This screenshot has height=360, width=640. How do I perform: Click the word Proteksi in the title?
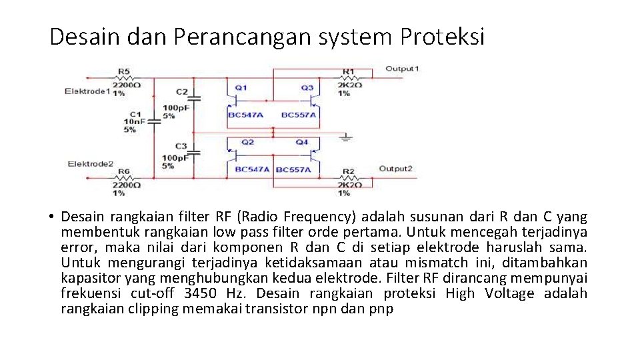tap(442, 37)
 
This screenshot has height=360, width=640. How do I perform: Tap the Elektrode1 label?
tap(87, 91)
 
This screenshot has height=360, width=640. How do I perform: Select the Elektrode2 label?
tap(91, 164)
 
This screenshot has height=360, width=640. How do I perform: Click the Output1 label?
tap(403, 69)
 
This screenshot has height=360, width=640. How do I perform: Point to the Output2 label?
tap(396, 169)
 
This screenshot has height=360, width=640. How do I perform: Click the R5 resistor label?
tap(124, 71)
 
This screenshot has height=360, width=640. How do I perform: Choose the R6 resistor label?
tap(124, 171)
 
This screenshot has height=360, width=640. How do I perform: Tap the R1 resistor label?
tap(348, 71)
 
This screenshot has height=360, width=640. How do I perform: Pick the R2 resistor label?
tap(348, 171)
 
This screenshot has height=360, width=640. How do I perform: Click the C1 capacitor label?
tap(135, 114)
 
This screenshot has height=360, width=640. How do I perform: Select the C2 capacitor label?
tap(181, 91)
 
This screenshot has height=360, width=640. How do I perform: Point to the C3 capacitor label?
tap(181, 146)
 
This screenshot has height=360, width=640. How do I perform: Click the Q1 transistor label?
tap(241, 87)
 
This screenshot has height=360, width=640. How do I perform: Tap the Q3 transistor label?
tap(307, 87)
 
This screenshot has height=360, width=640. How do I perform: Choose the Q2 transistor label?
tap(247, 142)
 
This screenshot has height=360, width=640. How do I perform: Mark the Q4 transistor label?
tap(302, 142)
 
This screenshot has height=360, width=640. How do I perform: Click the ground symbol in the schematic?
tap(345, 137)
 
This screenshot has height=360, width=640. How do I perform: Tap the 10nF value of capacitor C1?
tap(134, 121)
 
